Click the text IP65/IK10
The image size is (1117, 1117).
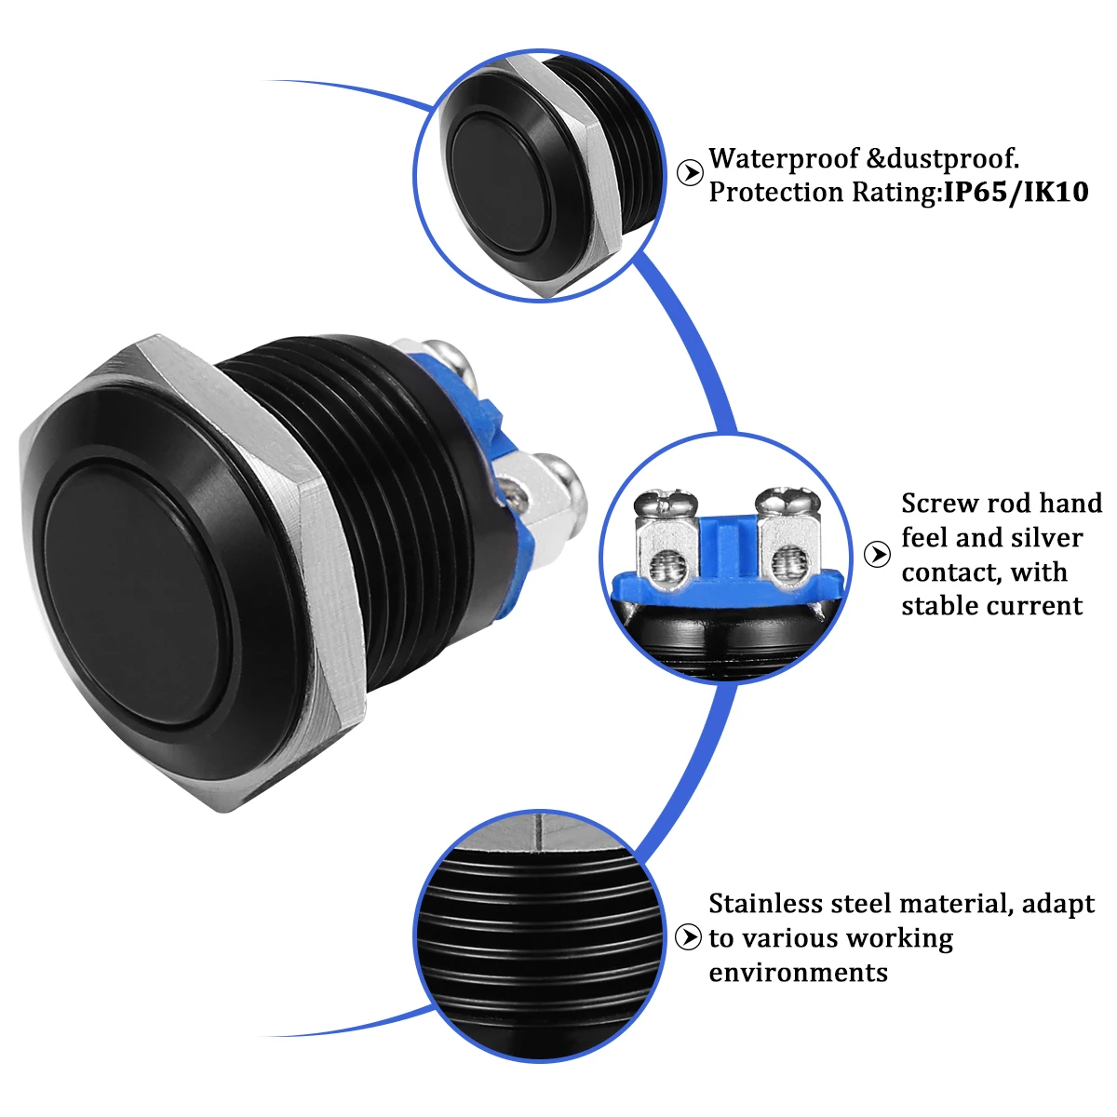(1016, 193)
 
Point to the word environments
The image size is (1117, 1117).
(798, 973)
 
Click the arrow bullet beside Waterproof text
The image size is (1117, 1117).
(690, 173)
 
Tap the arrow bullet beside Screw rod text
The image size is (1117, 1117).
(877, 555)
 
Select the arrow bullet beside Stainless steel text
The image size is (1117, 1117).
(689, 937)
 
